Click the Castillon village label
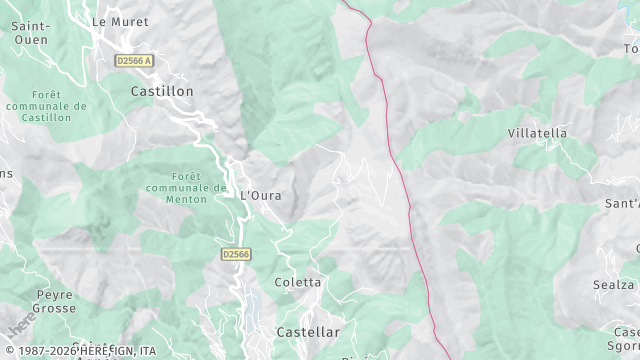click(x=162, y=90)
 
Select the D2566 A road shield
click(x=134, y=60)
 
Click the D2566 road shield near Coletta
click(x=236, y=254)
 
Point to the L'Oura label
click(x=261, y=194)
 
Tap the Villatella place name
click(x=537, y=133)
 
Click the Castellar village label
click(x=308, y=331)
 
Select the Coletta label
click(x=298, y=282)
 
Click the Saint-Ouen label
click(x=30, y=32)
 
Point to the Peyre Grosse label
click(x=55, y=301)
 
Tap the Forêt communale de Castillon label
click(x=45, y=106)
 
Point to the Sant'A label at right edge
click(x=621, y=203)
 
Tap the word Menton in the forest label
click(x=186, y=199)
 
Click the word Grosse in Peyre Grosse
click(x=55, y=309)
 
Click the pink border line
click(x=405, y=190)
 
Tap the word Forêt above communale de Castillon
click(x=45, y=94)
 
